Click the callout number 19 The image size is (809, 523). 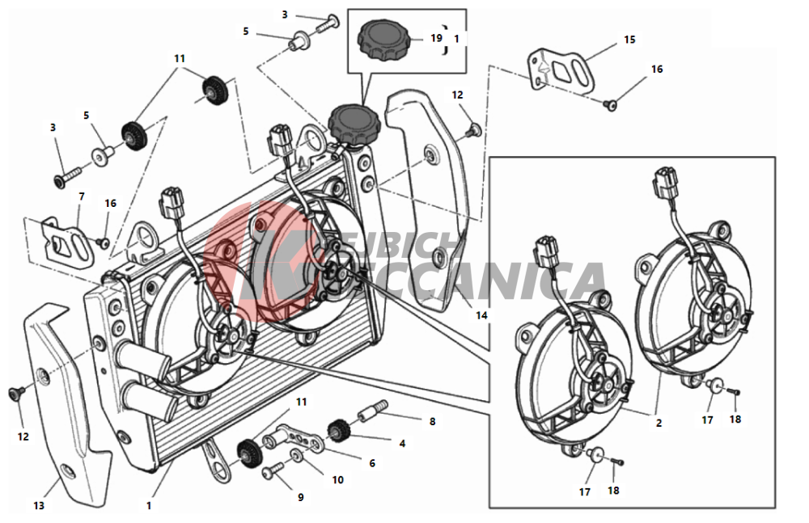click(436, 38)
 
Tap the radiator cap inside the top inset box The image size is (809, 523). click(384, 39)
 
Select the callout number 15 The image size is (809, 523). click(629, 40)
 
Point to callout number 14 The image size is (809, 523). click(482, 316)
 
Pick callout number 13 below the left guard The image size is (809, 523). click(39, 506)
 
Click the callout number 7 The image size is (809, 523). click(81, 196)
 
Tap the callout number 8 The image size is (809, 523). click(432, 421)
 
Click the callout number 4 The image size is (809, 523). click(402, 443)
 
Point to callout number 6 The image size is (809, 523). click(372, 463)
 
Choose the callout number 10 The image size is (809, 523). click(337, 479)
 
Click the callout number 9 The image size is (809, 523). click(300, 497)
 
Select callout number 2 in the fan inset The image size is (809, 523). click(659, 423)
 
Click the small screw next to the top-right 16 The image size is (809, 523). click(612, 104)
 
